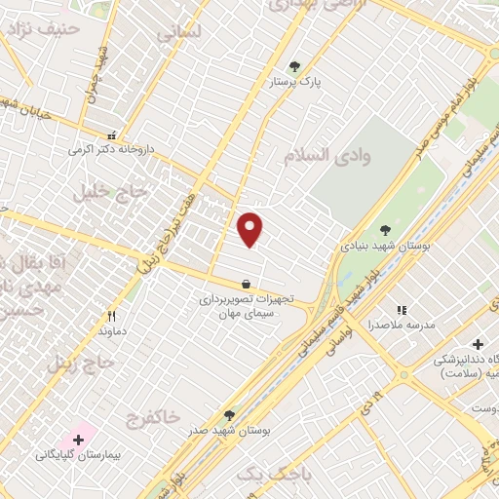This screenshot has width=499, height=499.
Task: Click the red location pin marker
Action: point(250,229)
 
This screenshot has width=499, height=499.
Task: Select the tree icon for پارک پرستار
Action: point(294,67)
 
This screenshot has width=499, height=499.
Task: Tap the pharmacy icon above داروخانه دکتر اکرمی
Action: point(112,135)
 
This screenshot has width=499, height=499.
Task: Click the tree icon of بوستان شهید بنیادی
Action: point(385,230)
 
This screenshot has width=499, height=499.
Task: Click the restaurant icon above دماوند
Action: point(111,316)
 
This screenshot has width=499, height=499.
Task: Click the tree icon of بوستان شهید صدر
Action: point(229,414)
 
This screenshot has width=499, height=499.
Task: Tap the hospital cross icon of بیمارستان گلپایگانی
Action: point(78,440)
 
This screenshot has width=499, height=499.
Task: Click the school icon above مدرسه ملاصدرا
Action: point(402,310)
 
